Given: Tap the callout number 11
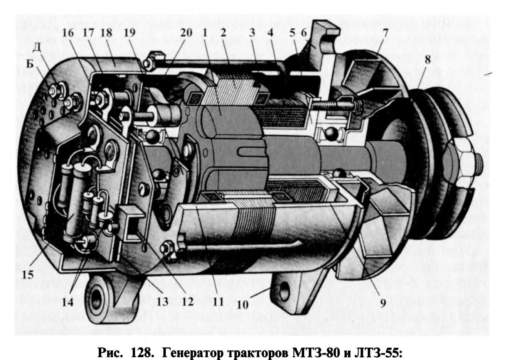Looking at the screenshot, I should click(218, 301).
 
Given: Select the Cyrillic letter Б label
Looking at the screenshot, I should click(30, 64).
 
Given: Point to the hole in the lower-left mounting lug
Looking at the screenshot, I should click(96, 298).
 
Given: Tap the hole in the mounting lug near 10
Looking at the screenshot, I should click(285, 287).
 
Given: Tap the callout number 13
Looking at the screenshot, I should click(162, 301).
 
